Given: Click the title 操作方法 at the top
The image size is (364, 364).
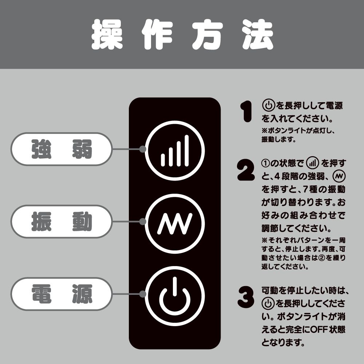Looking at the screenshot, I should tap(182, 34).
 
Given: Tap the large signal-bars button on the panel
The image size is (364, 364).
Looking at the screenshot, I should tap(175, 150).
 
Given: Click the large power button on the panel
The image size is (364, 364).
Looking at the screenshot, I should tap(175, 296).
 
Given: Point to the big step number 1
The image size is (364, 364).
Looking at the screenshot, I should tap(246, 111).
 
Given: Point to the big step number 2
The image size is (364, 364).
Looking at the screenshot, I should tap(246, 170).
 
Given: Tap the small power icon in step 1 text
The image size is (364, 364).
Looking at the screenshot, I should tap(268, 106).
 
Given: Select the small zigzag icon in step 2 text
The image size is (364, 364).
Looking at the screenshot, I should tap(339, 177).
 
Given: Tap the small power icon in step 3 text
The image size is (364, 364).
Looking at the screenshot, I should tap(268, 304).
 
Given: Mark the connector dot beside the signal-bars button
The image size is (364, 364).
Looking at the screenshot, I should tap(143, 149).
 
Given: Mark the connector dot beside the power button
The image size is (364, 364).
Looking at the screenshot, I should tap(143, 294).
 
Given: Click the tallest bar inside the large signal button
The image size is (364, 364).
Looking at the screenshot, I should tap(187, 150).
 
